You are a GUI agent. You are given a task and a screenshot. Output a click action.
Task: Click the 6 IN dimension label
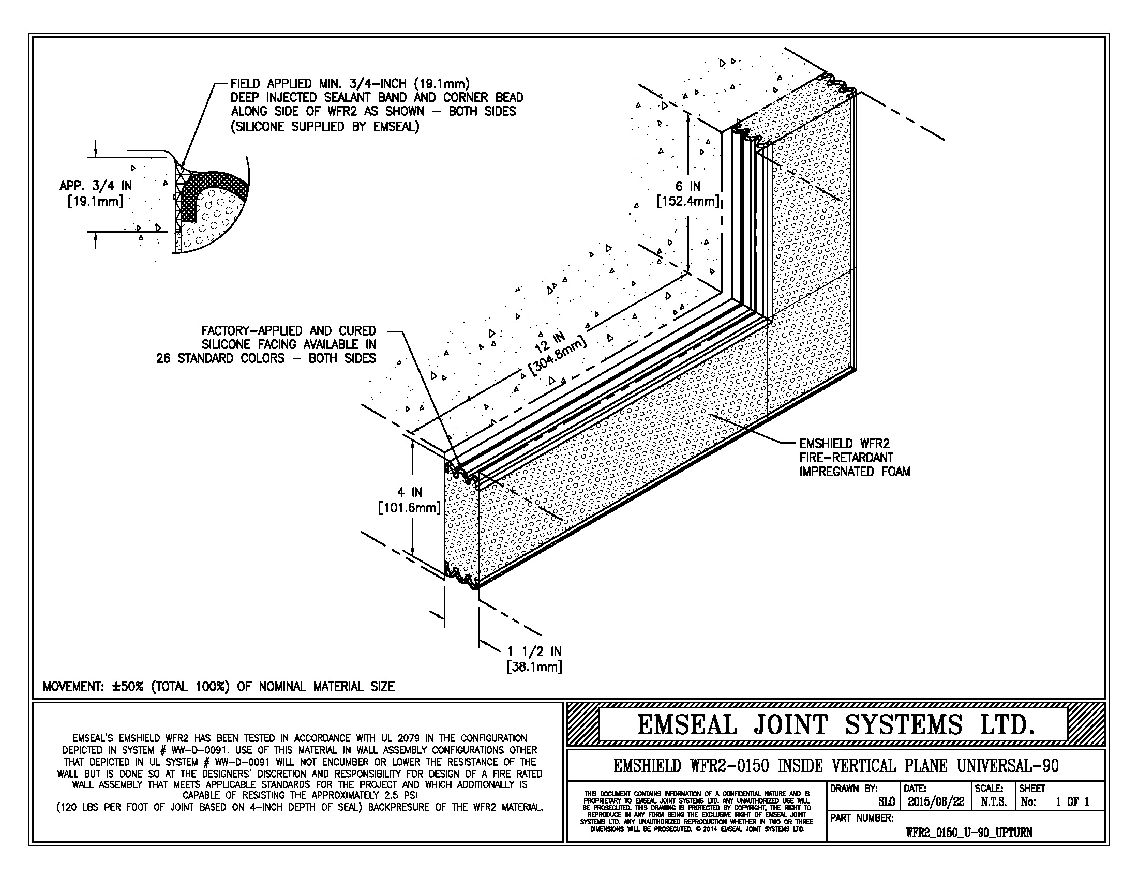coord(688,187)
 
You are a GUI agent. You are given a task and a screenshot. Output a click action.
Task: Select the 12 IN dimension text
coord(549,344)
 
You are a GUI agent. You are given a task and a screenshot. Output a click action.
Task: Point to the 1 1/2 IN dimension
coord(535,651)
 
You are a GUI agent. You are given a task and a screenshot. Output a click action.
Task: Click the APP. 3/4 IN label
coord(95,186)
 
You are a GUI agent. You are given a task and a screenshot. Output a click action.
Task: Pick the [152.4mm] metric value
coord(688,201)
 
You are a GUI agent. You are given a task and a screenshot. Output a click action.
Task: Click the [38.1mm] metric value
coord(535,666)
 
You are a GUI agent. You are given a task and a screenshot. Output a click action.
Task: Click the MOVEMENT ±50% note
coord(218,686)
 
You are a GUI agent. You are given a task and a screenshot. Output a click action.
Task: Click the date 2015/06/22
coord(936,802)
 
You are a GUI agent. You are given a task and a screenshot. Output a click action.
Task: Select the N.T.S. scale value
coord(993,802)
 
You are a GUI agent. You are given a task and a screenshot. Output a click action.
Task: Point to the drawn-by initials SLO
coord(886,802)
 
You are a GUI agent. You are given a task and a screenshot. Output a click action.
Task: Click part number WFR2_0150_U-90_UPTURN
coord(969,832)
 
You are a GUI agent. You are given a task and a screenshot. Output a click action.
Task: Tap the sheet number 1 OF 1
coord(1072,802)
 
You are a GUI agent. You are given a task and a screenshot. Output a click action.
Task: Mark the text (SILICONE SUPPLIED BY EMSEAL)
coord(325,127)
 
